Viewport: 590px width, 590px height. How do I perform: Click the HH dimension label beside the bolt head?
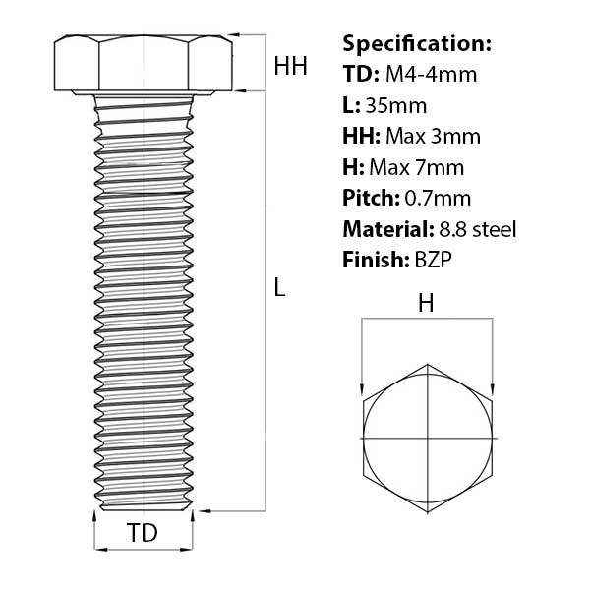(x=291, y=67)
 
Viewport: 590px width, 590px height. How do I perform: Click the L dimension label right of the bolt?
(x=279, y=288)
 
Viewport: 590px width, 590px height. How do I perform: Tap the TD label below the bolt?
(x=144, y=534)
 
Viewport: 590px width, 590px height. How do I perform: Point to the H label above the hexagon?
(x=426, y=304)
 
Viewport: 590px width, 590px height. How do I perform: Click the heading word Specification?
(x=416, y=43)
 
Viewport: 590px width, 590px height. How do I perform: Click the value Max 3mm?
(x=435, y=136)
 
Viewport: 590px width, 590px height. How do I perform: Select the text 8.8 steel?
(x=476, y=229)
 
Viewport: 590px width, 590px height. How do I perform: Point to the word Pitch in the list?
(x=370, y=198)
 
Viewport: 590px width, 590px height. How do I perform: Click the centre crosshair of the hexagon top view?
(x=428, y=437)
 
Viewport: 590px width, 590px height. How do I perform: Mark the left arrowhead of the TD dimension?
(x=98, y=548)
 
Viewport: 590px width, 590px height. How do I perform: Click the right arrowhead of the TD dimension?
(x=190, y=548)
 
